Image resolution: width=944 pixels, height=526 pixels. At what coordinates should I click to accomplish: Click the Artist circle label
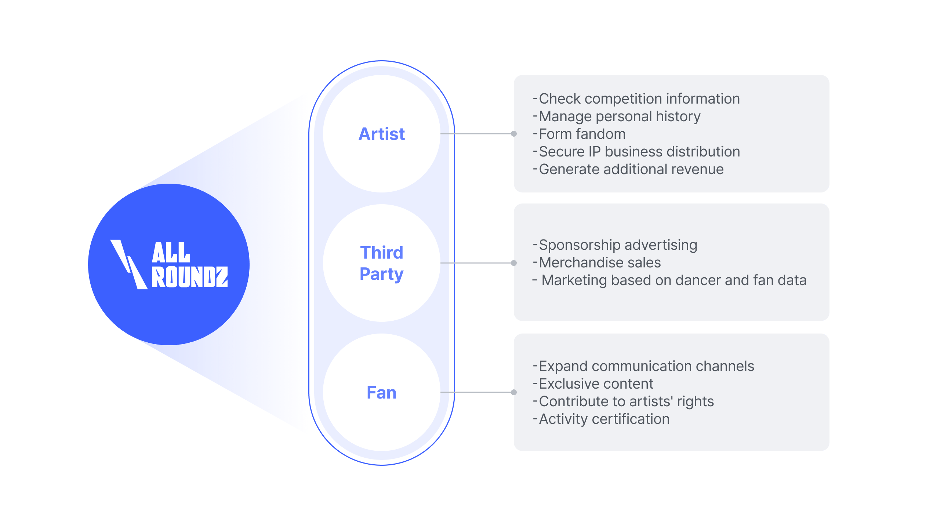click(381, 134)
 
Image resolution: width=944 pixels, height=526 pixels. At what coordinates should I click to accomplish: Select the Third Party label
click(381, 263)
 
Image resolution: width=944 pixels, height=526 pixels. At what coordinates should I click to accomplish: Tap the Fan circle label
click(381, 392)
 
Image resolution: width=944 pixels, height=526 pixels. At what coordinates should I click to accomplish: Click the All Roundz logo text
click(189, 264)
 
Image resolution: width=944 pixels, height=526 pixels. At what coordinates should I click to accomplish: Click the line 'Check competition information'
click(639, 98)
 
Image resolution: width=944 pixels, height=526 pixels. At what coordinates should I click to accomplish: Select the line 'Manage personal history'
click(619, 116)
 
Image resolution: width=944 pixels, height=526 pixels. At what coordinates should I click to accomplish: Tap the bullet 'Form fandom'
click(582, 134)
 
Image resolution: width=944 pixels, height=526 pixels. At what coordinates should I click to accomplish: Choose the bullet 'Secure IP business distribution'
click(639, 151)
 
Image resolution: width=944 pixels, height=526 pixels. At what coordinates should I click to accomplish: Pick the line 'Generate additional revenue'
click(631, 169)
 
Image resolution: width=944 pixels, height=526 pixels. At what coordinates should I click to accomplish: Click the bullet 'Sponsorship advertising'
click(618, 245)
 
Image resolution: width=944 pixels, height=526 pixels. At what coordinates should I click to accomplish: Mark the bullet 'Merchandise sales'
click(599, 262)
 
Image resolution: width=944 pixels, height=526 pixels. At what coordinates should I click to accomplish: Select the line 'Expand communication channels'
click(646, 366)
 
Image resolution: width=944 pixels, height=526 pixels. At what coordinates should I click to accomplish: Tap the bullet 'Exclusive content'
click(596, 383)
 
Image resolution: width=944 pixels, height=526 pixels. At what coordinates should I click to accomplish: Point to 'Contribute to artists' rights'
click(626, 401)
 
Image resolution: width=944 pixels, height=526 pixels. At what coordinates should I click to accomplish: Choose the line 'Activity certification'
click(604, 419)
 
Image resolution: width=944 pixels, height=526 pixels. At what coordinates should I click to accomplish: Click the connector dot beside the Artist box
click(514, 134)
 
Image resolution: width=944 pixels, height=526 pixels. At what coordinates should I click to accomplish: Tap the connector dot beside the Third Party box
click(514, 263)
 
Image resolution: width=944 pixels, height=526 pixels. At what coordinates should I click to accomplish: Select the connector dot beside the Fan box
click(514, 392)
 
